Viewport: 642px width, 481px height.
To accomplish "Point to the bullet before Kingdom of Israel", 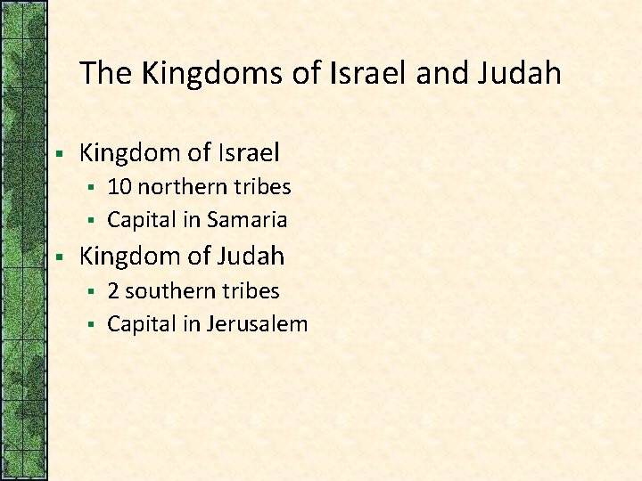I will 57,154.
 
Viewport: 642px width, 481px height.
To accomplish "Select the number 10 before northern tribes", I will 119,187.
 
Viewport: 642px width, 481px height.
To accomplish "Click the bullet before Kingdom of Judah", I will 57,257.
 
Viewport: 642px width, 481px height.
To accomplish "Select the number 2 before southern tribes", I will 113,291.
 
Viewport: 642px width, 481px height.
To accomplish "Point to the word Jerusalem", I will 257,324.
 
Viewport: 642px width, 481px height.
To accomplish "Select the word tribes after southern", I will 249,291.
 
